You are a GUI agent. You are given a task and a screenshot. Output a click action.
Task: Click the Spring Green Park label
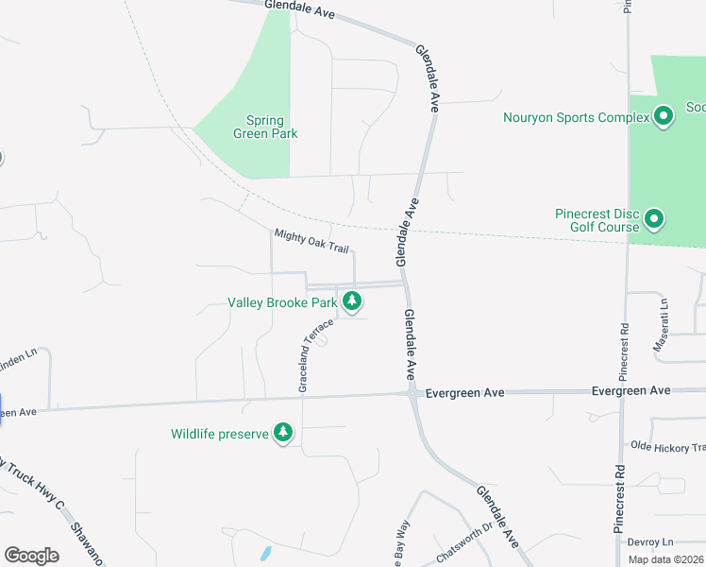coord(265,127)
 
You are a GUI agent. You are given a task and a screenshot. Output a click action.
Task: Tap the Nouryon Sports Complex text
coord(576,118)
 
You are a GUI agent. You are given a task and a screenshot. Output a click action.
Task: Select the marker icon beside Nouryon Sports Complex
coord(664,116)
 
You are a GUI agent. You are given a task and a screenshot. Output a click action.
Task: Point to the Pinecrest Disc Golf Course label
coord(597,220)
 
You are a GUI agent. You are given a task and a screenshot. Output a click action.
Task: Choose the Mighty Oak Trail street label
coord(311,243)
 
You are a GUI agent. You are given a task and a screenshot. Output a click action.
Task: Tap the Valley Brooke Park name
coord(282,303)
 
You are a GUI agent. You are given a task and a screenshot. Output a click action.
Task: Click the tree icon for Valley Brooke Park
coord(352,301)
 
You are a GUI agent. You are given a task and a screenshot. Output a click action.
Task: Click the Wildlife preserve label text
coord(220,435)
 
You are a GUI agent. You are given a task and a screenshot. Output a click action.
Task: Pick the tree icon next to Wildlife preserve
coord(282,433)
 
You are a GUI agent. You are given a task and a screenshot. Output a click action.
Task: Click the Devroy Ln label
coord(654,541)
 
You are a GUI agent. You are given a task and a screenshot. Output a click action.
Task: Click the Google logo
coord(31,555)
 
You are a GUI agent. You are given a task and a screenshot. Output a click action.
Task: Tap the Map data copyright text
coord(666,559)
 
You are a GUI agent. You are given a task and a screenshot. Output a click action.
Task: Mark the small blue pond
coord(266,551)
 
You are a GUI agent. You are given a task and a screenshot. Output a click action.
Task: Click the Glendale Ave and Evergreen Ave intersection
coord(412,392)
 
